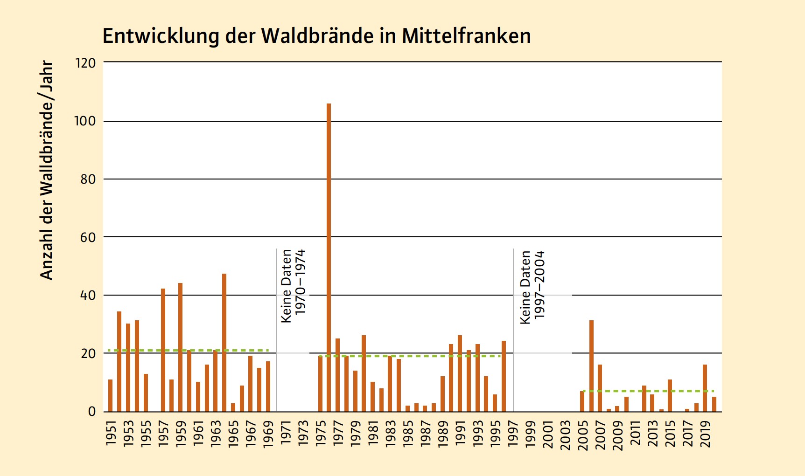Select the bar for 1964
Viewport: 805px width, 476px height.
point(224,343)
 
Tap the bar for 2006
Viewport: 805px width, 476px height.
point(591,366)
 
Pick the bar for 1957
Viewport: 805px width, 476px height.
point(163,350)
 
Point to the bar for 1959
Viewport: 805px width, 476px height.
point(180,347)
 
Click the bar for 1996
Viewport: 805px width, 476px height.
point(504,376)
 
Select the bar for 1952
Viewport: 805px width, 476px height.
point(119,361)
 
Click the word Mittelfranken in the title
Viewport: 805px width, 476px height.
point(466,36)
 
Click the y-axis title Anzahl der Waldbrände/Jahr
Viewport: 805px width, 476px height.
point(47,170)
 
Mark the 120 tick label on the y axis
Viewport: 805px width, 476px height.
point(85,63)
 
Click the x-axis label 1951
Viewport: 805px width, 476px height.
point(111,434)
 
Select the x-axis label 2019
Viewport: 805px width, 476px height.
point(705,434)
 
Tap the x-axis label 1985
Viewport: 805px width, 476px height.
point(408,434)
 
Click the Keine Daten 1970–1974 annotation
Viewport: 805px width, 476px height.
point(293,286)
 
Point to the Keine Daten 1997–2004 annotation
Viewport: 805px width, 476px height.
point(532,287)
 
